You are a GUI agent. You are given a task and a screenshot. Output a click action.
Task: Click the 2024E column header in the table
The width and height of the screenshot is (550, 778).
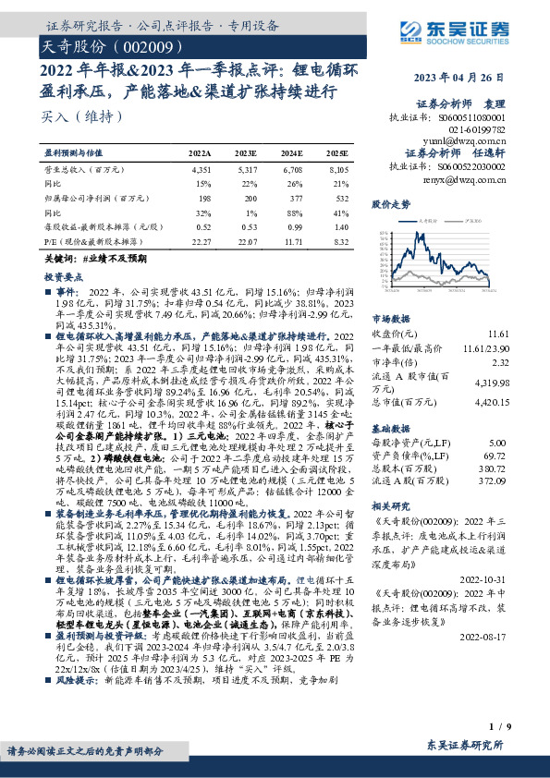click(x=291, y=152)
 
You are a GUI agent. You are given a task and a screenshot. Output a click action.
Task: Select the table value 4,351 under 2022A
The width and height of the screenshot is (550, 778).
click(x=201, y=170)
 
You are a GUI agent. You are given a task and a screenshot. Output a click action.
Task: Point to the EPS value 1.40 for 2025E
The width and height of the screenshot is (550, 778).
click(x=340, y=226)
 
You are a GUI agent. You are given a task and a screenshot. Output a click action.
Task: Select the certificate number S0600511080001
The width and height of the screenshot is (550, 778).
click(x=472, y=118)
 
